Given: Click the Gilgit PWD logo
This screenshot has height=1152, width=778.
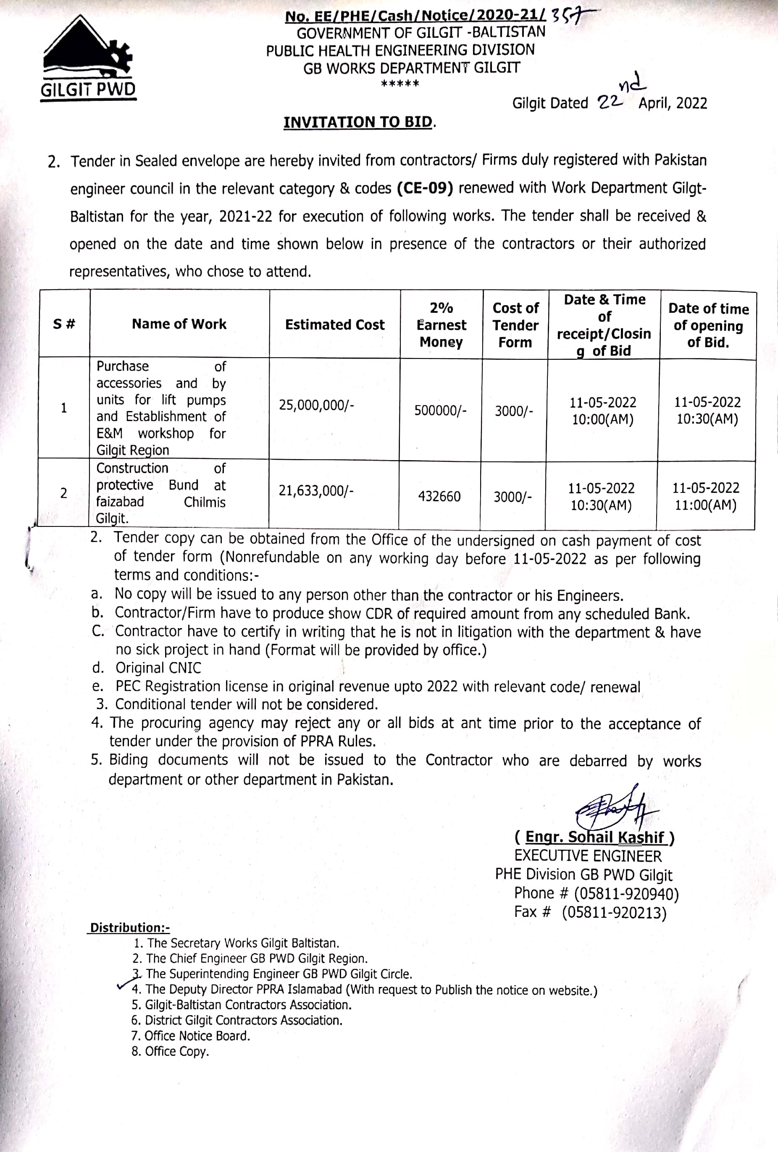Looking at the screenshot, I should click(x=88, y=58).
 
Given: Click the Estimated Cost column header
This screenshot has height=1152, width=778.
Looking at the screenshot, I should click(x=335, y=325).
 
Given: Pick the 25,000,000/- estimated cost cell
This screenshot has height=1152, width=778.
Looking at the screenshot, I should click(x=316, y=405).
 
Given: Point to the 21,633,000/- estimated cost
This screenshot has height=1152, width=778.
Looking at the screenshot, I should click(x=316, y=491).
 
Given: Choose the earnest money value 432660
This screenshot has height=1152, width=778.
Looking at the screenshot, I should click(x=439, y=496).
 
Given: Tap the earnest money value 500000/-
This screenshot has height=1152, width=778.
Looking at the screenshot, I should click(x=440, y=411).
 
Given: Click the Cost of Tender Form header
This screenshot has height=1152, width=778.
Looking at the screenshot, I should click(x=515, y=325).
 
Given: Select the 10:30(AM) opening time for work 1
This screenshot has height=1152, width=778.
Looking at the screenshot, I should click(x=707, y=419).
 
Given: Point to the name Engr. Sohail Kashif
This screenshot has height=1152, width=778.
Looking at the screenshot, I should click(x=594, y=837).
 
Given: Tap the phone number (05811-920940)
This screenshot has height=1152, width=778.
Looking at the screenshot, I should click(x=626, y=894).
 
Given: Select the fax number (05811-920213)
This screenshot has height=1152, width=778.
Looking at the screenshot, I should click(x=614, y=913).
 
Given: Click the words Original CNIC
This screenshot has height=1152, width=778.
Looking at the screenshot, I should click(x=158, y=668).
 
